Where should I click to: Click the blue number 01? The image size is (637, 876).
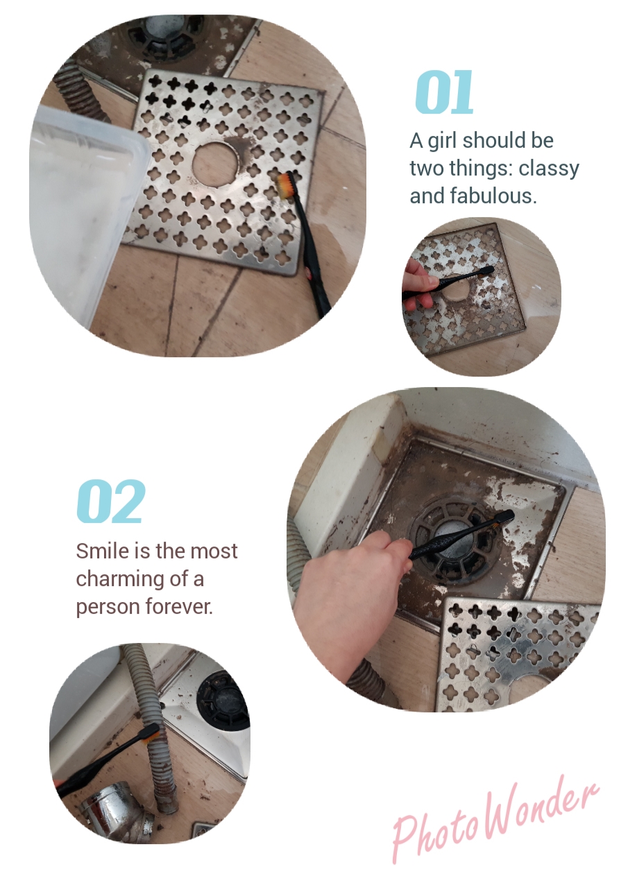[444, 92]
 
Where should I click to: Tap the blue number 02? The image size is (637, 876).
[111, 501]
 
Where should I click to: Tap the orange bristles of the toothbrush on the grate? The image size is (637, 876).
[284, 185]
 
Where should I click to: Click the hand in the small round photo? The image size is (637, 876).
[418, 284]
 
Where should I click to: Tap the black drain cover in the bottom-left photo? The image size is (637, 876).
[223, 700]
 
